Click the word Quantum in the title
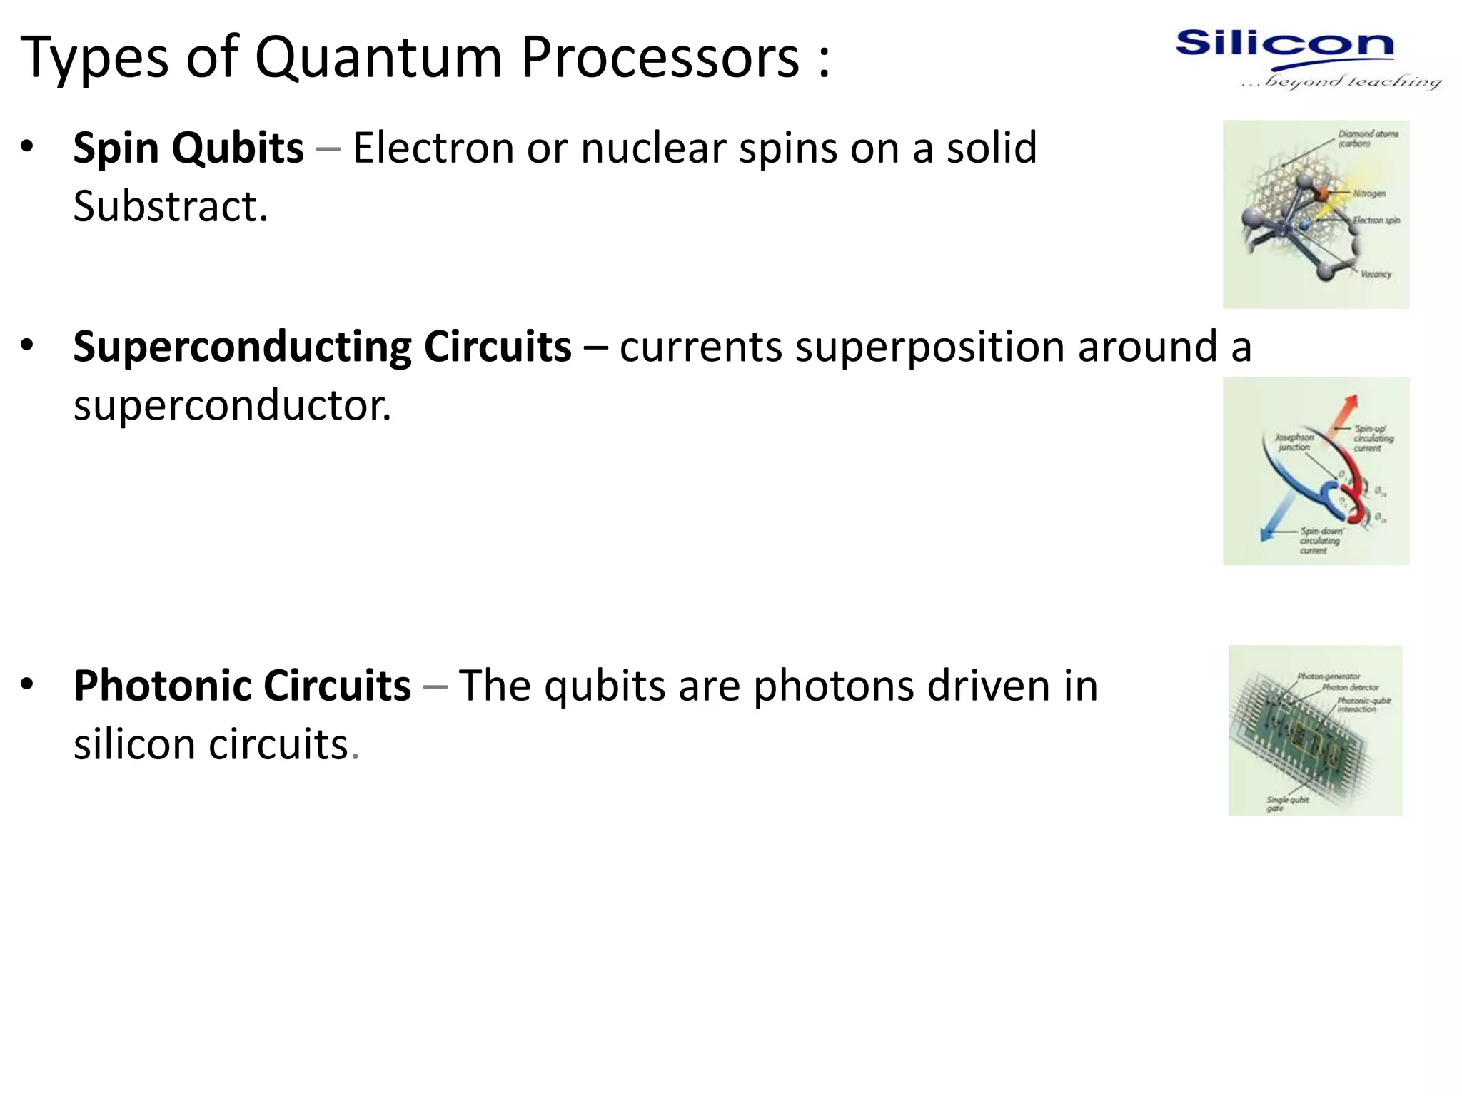[378, 57]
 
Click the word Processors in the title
[660, 57]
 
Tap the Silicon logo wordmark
[1284, 44]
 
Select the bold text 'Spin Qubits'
[188, 148]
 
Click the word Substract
[170, 207]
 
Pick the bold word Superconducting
[242, 347]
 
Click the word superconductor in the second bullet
[232, 406]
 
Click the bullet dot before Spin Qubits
[27, 146]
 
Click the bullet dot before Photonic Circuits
[27, 684]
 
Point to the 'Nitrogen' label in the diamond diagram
[1368, 193]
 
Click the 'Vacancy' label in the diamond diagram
[1376, 274]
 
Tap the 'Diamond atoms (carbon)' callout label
[1367, 138]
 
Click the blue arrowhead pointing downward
[1268, 534]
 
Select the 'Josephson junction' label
[1294, 442]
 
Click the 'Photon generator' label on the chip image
[1328, 676]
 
